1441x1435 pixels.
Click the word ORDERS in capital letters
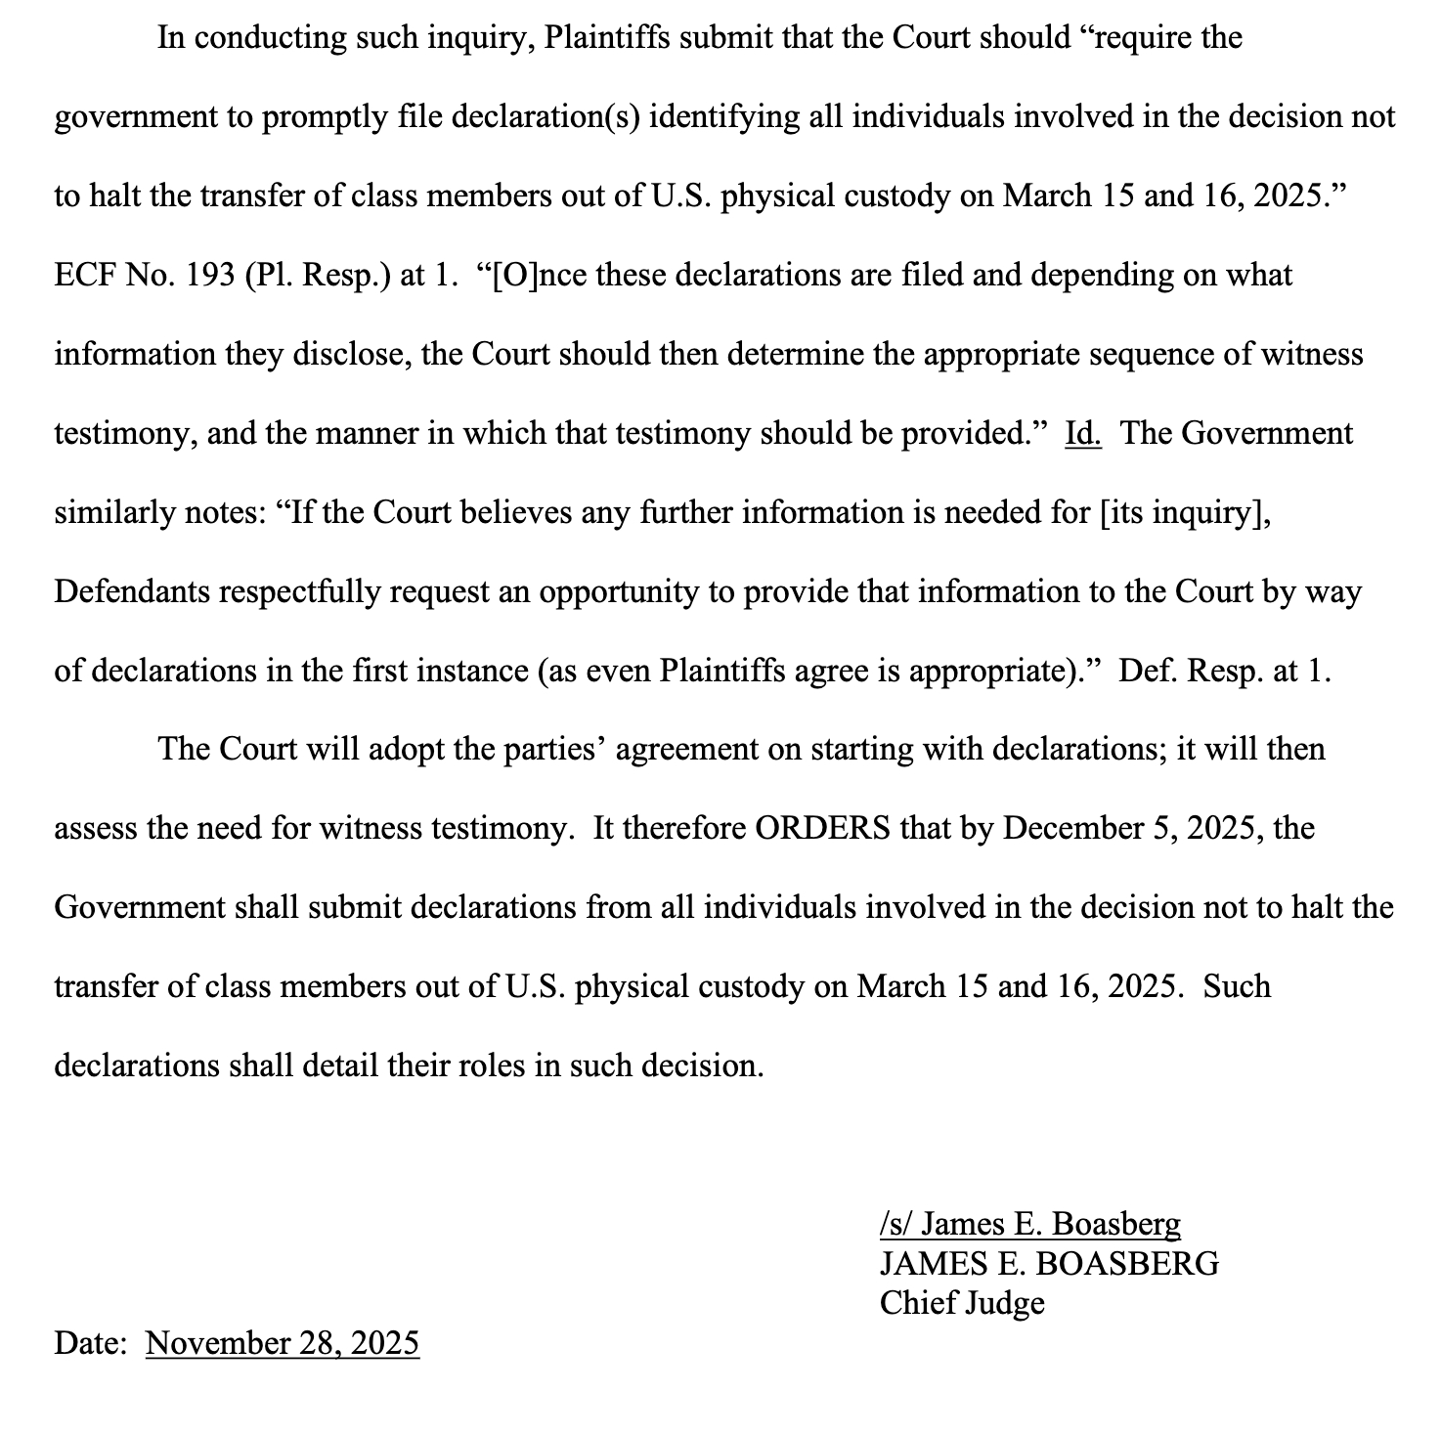point(823,828)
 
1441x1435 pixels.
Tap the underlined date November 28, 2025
point(282,1343)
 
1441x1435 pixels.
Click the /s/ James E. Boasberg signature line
point(1029,1224)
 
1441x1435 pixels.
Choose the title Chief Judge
point(961,1302)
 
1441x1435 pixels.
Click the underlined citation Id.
point(1082,433)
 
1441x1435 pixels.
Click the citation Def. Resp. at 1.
point(1224,671)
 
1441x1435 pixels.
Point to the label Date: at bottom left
point(90,1343)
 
